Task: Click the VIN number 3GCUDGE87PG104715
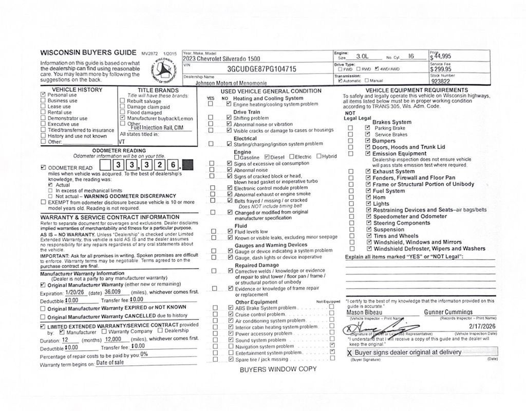[x=261, y=69]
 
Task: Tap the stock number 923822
[x=442, y=81]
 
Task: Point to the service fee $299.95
[x=442, y=69]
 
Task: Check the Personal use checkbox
[x=43, y=95]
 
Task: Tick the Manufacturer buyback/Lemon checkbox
[x=122, y=118]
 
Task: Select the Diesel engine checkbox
[x=267, y=157]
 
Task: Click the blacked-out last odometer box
[x=188, y=165]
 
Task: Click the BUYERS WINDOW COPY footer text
[x=278, y=369]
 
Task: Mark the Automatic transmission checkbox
[x=341, y=81]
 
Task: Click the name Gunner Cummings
[x=448, y=312]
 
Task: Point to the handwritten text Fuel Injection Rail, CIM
[x=157, y=128]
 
